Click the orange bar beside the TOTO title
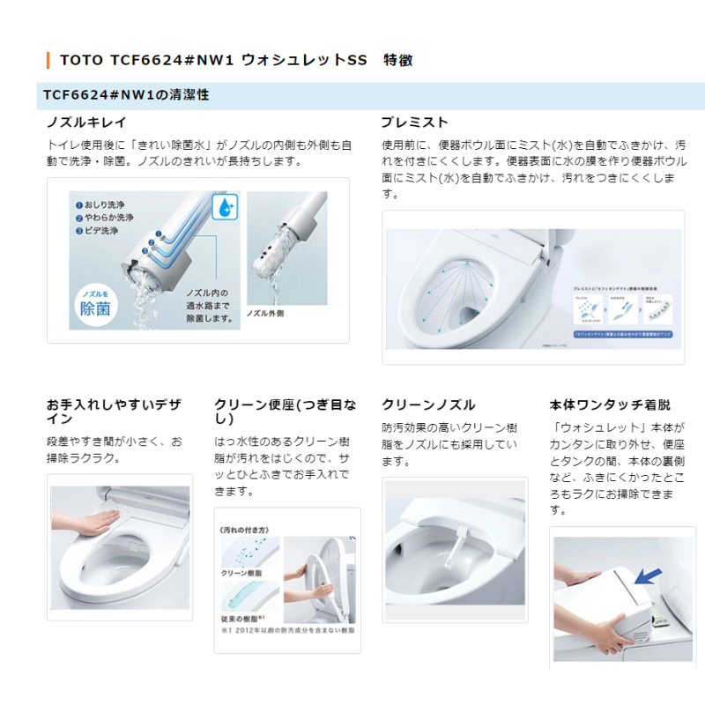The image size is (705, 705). pos(48,60)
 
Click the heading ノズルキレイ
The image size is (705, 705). pos(86,122)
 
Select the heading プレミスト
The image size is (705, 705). pos(414,122)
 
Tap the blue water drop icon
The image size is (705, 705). pos(226,208)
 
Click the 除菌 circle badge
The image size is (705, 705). pos(94,303)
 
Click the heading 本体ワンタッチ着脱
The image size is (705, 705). pos(609,404)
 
